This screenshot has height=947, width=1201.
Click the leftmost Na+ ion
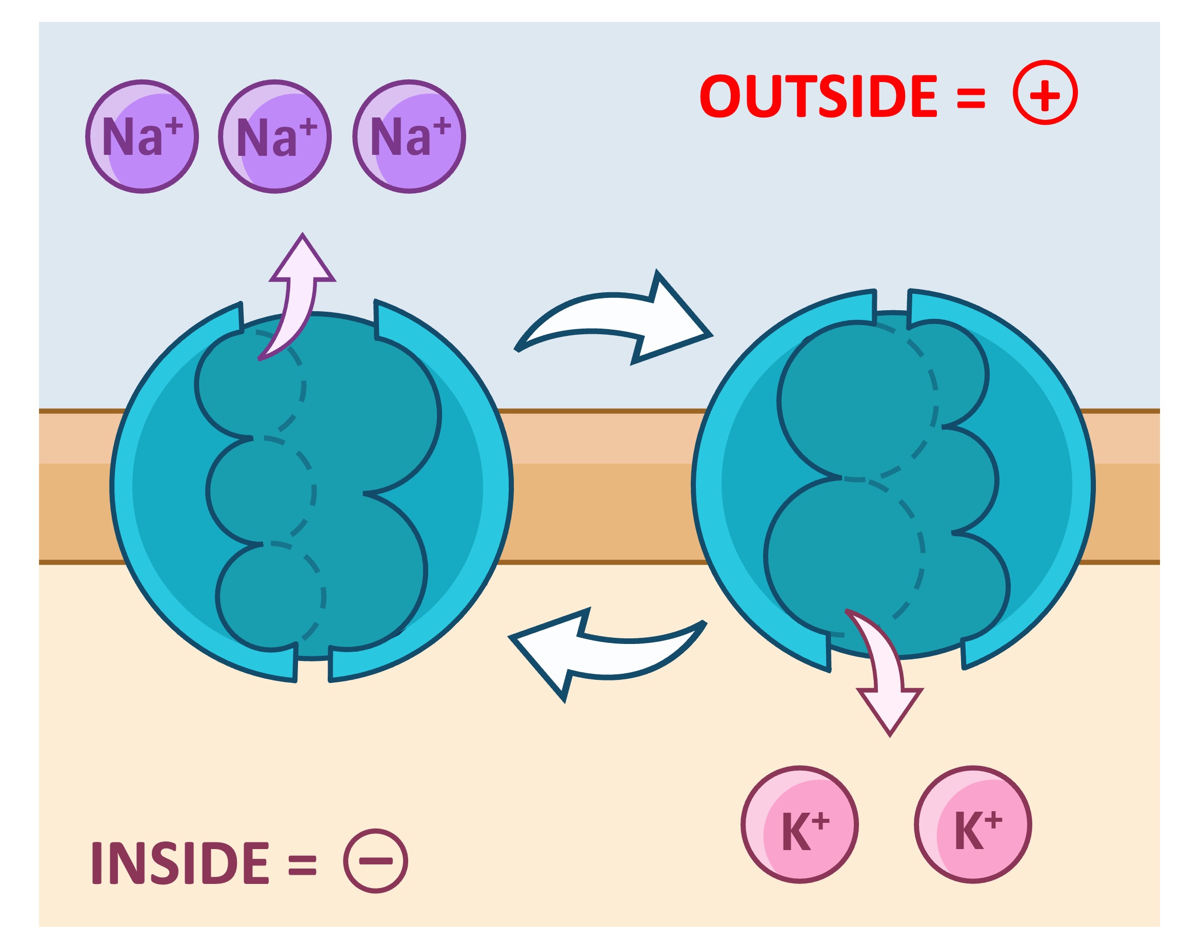[x=142, y=136]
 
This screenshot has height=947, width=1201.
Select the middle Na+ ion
[x=275, y=136]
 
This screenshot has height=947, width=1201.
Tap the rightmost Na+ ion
[x=409, y=136]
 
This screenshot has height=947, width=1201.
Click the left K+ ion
[x=799, y=824]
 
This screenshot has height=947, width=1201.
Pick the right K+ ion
[x=973, y=824]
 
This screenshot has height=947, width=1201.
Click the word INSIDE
[x=180, y=863]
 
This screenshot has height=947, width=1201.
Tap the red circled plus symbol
[x=1045, y=93]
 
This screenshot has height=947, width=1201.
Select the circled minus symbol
[x=375, y=861]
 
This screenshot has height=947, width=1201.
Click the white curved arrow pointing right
[x=615, y=321]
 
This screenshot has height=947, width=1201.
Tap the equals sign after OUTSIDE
[x=971, y=98]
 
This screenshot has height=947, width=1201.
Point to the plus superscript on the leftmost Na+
[x=173, y=126]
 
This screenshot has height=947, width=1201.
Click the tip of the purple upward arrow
[x=302, y=236]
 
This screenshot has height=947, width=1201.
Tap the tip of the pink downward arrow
[x=890, y=735]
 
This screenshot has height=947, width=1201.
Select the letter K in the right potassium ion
[x=968, y=831]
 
